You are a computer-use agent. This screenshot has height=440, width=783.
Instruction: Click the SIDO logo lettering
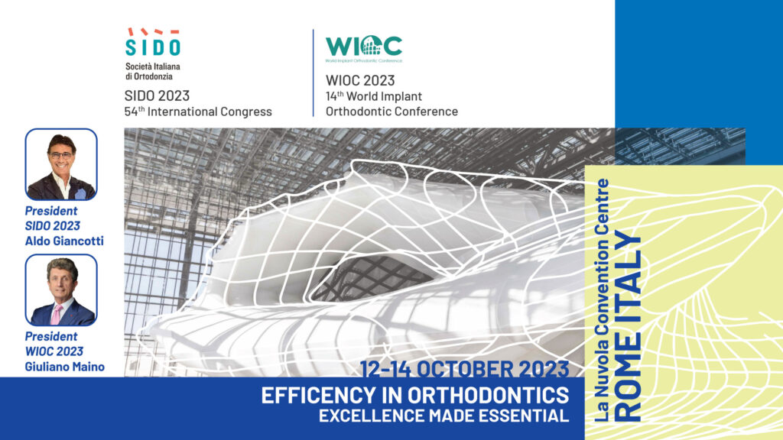tap(152, 47)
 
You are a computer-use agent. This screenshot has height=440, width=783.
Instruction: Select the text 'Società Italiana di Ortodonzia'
tap(153, 71)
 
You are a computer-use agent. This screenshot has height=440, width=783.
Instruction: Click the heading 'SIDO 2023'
tap(157, 95)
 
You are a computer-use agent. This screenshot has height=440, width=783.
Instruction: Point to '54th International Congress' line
tap(198, 112)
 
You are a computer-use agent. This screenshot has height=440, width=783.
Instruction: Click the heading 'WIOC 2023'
tap(360, 80)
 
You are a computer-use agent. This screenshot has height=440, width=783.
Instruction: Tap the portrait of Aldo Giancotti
tap(61, 165)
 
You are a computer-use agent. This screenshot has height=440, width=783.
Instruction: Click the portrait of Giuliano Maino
tap(61, 290)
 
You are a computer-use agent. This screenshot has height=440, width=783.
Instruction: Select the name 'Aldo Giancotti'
tap(64, 241)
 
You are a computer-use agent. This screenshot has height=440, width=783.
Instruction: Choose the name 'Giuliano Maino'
tap(65, 367)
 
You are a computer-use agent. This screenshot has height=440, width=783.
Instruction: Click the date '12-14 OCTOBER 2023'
tap(464, 369)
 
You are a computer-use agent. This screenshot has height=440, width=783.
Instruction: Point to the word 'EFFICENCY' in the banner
tap(317, 395)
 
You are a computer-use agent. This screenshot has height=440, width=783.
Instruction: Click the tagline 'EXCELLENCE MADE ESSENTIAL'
tap(444, 416)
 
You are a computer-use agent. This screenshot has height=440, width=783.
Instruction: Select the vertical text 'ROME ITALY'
tap(628, 326)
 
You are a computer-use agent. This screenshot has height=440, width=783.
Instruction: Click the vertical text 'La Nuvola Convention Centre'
tap(603, 300)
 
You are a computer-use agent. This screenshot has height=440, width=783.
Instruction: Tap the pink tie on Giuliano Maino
tap(57, 314)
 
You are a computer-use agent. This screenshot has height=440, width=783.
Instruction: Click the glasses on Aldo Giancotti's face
tap(61, 156)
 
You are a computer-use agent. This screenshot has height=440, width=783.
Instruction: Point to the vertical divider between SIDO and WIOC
tap(314, 73)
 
